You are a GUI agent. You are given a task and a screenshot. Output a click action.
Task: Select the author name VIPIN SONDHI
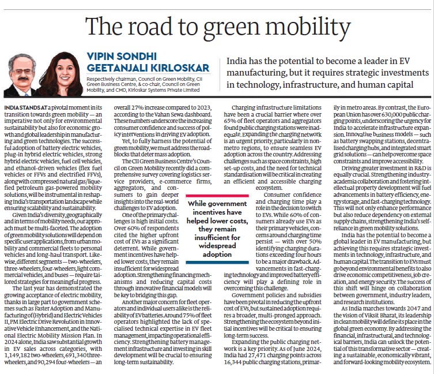point(122,57)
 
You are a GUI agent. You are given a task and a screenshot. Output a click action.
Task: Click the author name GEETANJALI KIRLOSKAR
point(148,68)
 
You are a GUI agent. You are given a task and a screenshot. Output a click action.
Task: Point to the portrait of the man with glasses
point(21,75)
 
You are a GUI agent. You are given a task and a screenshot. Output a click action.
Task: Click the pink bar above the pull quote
point(217,196)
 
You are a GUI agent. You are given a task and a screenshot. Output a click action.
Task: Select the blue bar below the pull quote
point(217,262)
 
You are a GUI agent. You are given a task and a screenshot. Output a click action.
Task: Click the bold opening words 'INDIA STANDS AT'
point(25,107)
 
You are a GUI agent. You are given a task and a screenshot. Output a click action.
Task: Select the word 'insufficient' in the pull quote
point(217,238)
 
